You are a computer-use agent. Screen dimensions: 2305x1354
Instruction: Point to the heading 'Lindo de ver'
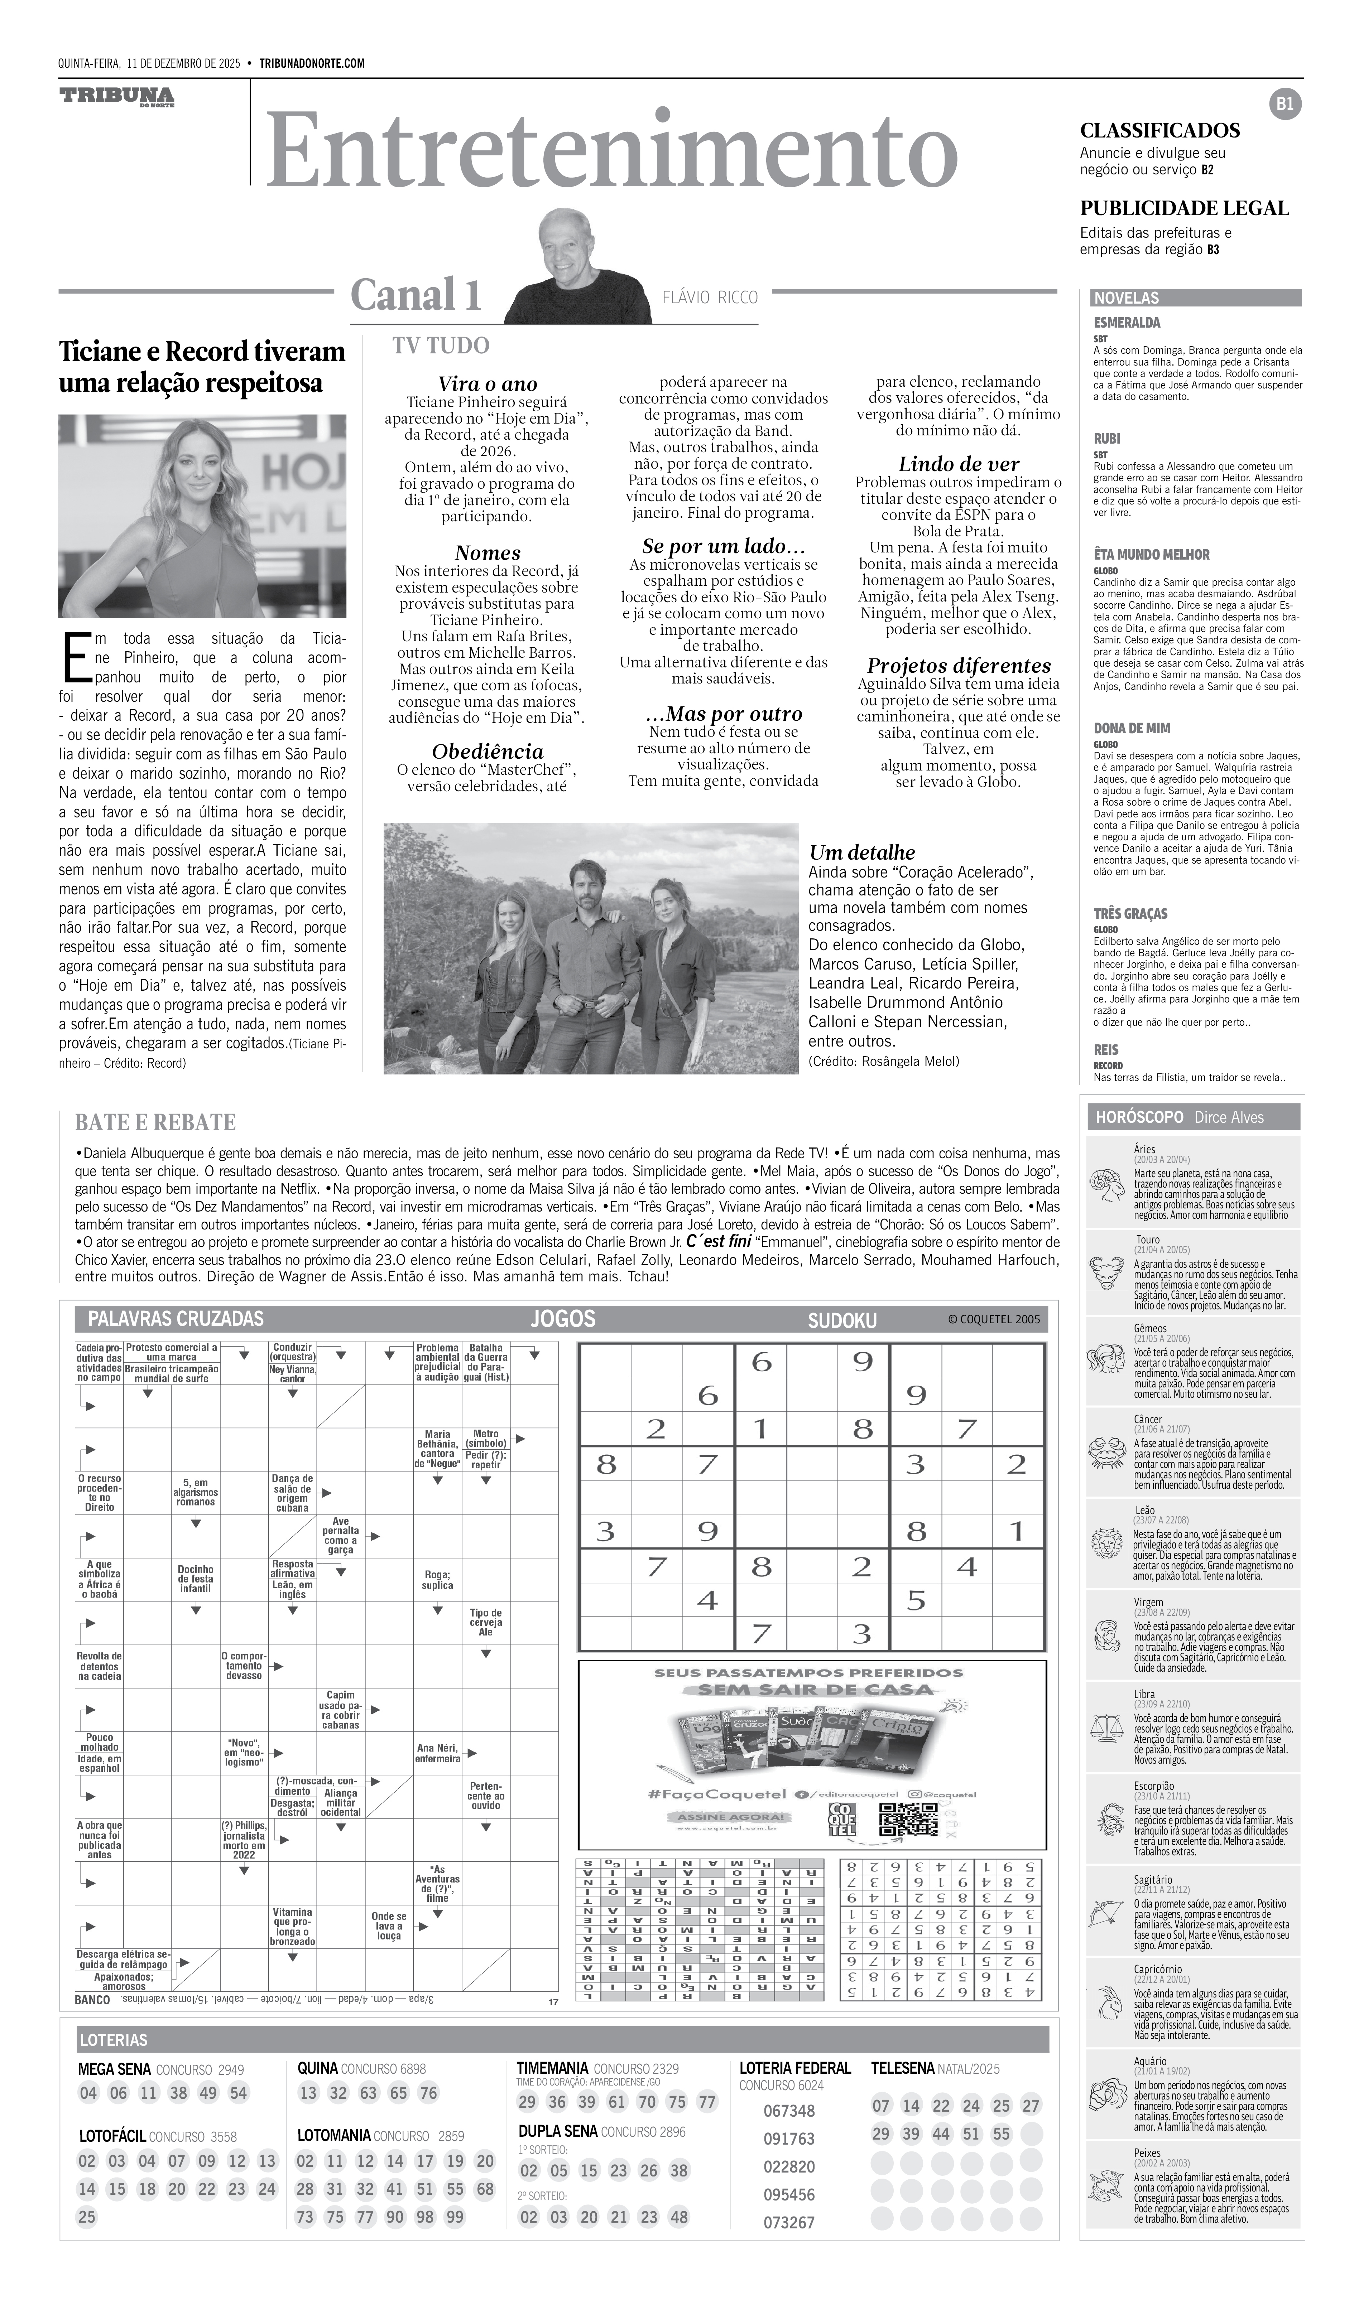(958, 464)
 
